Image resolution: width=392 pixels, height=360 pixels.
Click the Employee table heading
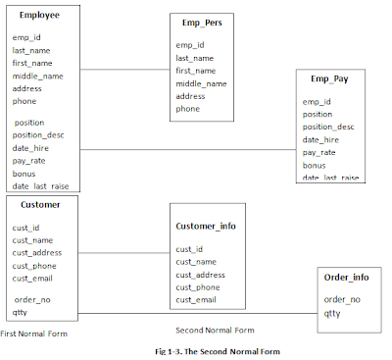(x=39, y=17)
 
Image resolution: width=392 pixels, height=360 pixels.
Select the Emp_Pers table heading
(x=202, y=21)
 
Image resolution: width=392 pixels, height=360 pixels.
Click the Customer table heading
(x=40, y=204)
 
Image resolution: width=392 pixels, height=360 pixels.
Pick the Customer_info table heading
(x=206, y=226)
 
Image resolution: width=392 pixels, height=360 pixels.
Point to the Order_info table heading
(x=345, y=278)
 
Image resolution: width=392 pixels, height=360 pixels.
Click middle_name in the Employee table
(x=38, y=76)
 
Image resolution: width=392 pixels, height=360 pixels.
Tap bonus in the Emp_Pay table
(x=316, y=165)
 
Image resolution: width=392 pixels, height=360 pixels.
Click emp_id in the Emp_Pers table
(x=190, y=45)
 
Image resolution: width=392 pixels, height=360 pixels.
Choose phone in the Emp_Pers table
(x=188, y=109)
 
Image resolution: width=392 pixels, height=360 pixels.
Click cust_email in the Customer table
(x=35, y=278)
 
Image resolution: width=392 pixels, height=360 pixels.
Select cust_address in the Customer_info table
(x=203, y=275)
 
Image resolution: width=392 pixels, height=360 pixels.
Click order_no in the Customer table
(x=31, y=300)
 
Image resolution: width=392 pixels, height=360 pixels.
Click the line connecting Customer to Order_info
(x=196, y=314)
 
